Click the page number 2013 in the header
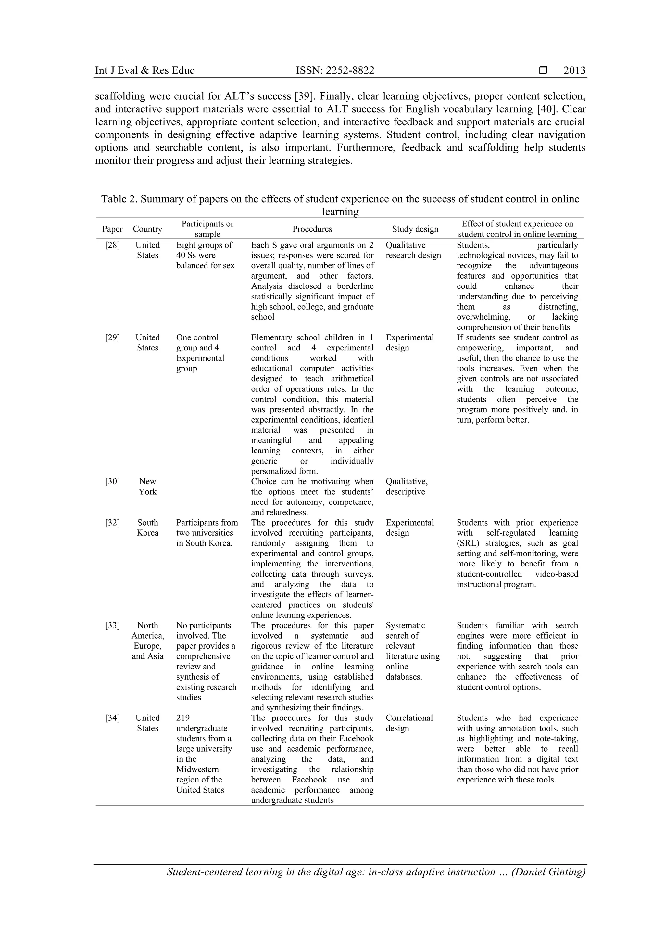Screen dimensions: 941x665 [x=574, y=70]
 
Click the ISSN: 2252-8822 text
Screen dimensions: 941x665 [x=335, y=70]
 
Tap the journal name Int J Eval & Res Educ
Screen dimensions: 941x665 [x=144, y=70]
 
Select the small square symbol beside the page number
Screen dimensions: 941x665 [x=543, y=70]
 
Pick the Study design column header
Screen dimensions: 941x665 [x=415, y=229]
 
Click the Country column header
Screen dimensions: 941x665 [x=147, y=229]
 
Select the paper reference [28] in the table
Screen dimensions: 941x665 [x=112, y=245]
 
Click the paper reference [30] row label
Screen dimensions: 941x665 [x=112, y=482]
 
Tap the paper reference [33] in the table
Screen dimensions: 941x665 [x=112, y=625]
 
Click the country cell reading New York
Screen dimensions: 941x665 [x=147, y=487]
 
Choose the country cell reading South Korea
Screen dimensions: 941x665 [x=147, y=528]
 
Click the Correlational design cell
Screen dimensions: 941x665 [x=409, y=723]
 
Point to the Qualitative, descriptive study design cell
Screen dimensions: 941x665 [x=406, y=487]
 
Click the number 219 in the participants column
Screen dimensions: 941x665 [x=183, y=718]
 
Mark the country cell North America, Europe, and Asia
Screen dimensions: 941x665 [x=147, y=641]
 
